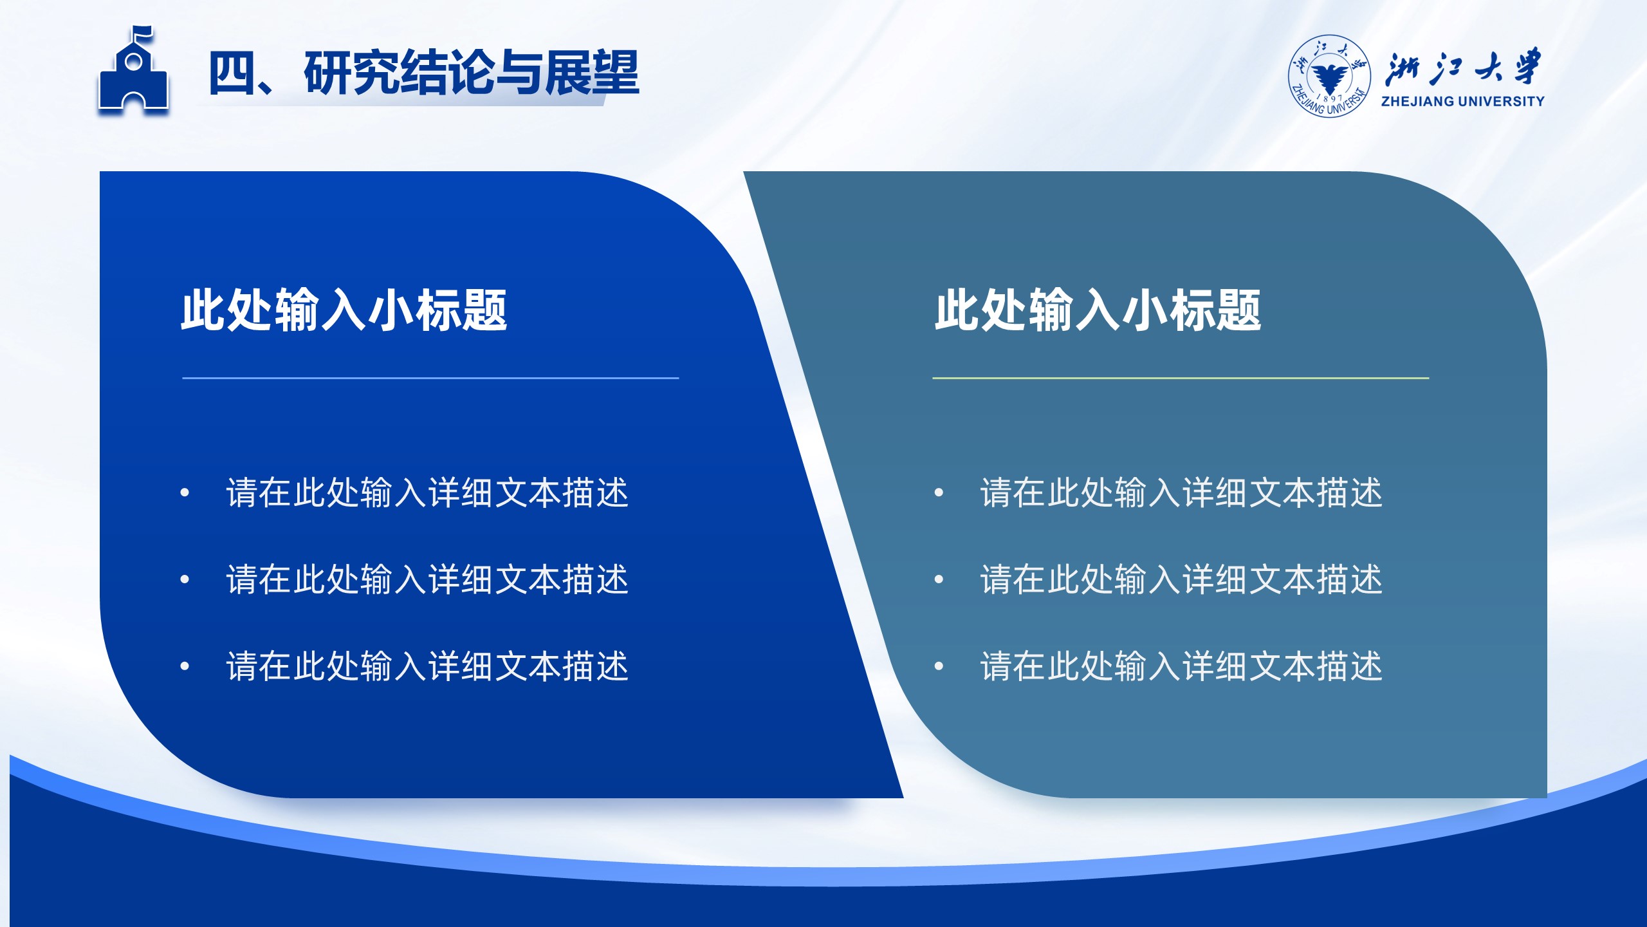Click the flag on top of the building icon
(143, 33)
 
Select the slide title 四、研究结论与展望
(423, 73)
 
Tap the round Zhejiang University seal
(1329, 77)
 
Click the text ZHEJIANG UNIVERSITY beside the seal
(1462, 101)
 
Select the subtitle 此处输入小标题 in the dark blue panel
(344, 310)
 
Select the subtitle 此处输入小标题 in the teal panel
(1098, 310)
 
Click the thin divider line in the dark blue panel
(430, 378)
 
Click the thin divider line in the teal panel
(1181, 378)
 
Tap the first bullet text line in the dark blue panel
(427, 493)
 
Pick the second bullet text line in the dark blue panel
(427, 579)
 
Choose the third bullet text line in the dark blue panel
(427, 666)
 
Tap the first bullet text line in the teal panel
(1181, 493)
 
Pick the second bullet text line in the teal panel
(1181, 579)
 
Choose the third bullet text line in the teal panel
(1181, 666)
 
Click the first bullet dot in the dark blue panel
(185, 493)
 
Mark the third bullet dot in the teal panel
(939, 666)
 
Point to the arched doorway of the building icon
(133, 104)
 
